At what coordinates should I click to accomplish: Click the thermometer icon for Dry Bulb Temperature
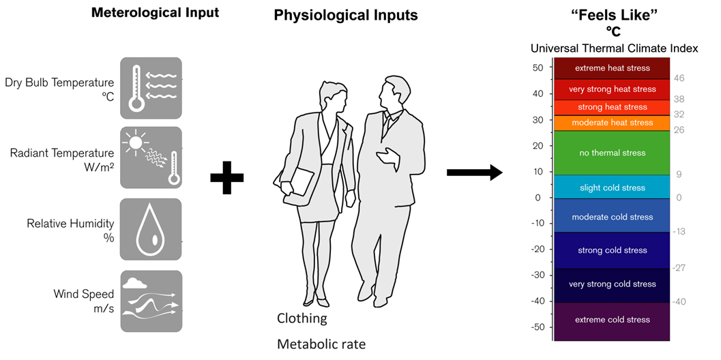(136, 88)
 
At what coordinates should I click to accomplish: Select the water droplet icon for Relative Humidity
(151, 229)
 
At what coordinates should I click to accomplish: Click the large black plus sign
(226, 177)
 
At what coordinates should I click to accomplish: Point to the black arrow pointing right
(474, 173)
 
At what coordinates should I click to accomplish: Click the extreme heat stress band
(612, 68)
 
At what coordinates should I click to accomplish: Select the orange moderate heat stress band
(612, 123)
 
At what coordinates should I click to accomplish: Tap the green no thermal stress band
(612, 153)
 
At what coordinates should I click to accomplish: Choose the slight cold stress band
(612, 187)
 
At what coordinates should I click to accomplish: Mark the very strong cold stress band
(612, 284)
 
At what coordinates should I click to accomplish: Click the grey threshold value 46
(679, 78)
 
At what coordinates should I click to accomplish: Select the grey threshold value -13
(679, 232)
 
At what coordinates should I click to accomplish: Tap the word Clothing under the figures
(301, 318)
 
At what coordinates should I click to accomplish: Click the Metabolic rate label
(321, 344)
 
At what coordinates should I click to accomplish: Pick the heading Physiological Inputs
(346, 15)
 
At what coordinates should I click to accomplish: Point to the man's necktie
(387, 122)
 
